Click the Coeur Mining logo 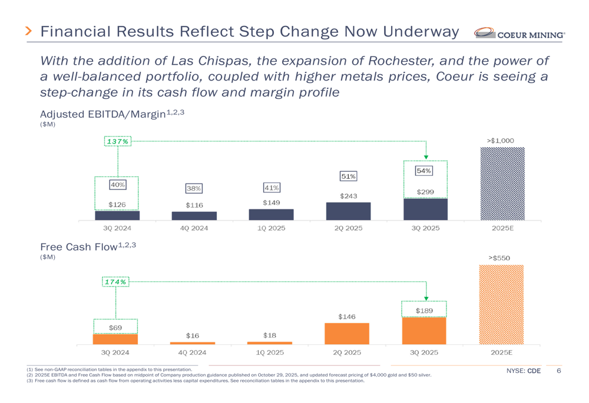click(519, 34)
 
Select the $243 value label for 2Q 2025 click(348, 196)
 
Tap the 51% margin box click(348, 176)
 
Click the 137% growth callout click(117, 142)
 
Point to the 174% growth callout click(115, 282)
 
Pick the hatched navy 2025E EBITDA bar click(502, 183)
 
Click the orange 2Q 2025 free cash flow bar click(347, 334)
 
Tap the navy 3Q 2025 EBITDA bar click(425, 209)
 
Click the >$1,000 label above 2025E click(501, 141)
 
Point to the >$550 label click(499, 258)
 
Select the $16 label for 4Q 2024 click(193, 335)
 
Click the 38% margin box click(194, 188)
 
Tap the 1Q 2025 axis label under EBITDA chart click(271, 228)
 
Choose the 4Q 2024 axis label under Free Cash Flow click(193, 353)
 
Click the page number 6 click(558, 371)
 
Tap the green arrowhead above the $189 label click(426, 298)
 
